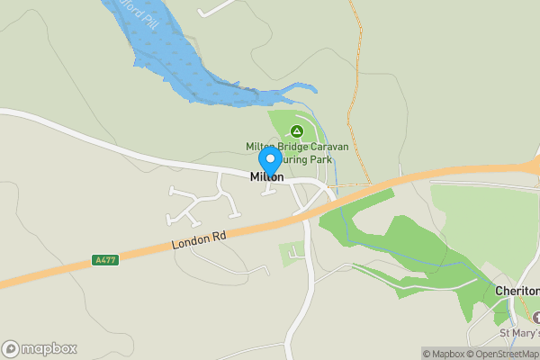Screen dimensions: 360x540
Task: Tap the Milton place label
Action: click(x=266, y=178)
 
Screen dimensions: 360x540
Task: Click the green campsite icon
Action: click(x=296, y=131)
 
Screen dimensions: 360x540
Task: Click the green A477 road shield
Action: click(x=104, y=260)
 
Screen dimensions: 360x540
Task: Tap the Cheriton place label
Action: click(x=517, y=292)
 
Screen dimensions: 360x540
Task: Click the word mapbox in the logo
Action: click(x=49, y=348)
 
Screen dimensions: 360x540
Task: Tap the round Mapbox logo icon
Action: click(x=12, y=348)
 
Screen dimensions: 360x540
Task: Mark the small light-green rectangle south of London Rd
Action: click(x=292, y=255)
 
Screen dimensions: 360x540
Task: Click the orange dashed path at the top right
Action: click(x=357, y=54)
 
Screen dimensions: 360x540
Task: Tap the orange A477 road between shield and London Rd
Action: click(x=144, y=253)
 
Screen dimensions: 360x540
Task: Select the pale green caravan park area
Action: click(x=286, y=121)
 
